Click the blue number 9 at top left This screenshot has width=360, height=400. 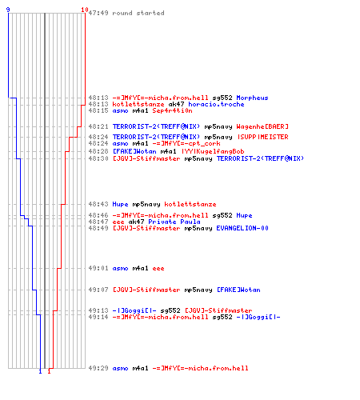tap(8, 10)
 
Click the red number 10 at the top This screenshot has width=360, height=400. tap(85, 10)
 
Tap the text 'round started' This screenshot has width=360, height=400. tap(138, 13)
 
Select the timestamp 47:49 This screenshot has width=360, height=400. tap(98, 13)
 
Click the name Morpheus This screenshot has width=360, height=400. tap(252, 98)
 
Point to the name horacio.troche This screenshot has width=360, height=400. tap(216, 104)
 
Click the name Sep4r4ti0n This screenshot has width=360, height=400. tap(172, 110)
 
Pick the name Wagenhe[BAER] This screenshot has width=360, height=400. tap(262, 126)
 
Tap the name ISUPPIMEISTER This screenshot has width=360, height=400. tap(263, 137)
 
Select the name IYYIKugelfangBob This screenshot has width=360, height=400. tap(213, 151)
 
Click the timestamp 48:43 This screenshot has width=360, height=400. tap(98, 204)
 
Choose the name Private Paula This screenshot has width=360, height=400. tap(174, 222)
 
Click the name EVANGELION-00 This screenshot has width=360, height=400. tap(242, 228)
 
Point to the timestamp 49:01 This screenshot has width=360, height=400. tap(98, 268)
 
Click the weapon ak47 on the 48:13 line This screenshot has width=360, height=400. tap(176, 104)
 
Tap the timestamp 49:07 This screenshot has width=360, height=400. tap(98, 290)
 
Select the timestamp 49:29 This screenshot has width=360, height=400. tap(98, 368)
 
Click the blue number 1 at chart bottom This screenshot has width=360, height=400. tap(40, 371)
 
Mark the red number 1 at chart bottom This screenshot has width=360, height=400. tap(49, 371)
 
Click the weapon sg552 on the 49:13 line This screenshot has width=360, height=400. tap(170, 310)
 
